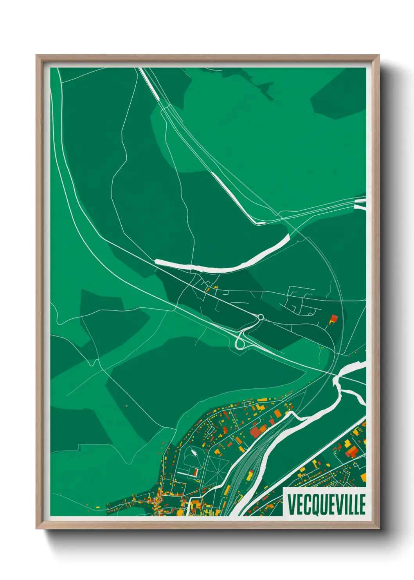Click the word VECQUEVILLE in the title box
click(326, 504)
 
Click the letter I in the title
click(346, 505)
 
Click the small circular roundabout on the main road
click(261, 317)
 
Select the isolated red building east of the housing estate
click(334, 318)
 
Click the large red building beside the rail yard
click(255, 432)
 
